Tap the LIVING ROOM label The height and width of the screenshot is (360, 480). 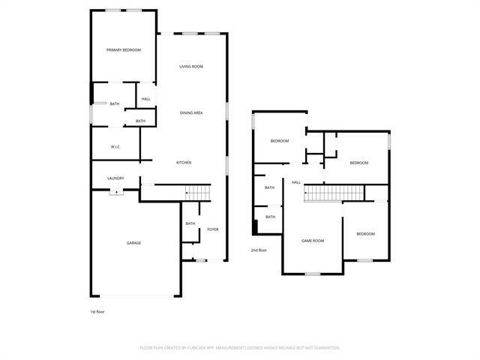click(x=191, y=67)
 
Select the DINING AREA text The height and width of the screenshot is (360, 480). click(x=191, y=112)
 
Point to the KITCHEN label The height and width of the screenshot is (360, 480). click(x=184, y=163)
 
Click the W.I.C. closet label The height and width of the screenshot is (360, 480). click(x=115, y=146)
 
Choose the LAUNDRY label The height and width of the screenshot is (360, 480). click(x=115, y=178)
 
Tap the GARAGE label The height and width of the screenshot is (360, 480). click(x=133, y=242)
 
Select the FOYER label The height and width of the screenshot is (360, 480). click(x=213, y=229)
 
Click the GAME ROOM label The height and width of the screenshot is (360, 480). click(x=312, y=240)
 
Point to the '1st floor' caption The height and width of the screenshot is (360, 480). click(x=97, y=311)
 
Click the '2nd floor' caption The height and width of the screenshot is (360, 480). click(x=259, y=250)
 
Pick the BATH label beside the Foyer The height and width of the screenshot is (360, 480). click(x=190, y=223)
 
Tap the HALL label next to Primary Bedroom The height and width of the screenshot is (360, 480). click(x=145, y=99)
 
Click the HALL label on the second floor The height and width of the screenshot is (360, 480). click(x=296, y=182)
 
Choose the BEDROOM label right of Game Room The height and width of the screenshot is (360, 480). click(x=365, y=234)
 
